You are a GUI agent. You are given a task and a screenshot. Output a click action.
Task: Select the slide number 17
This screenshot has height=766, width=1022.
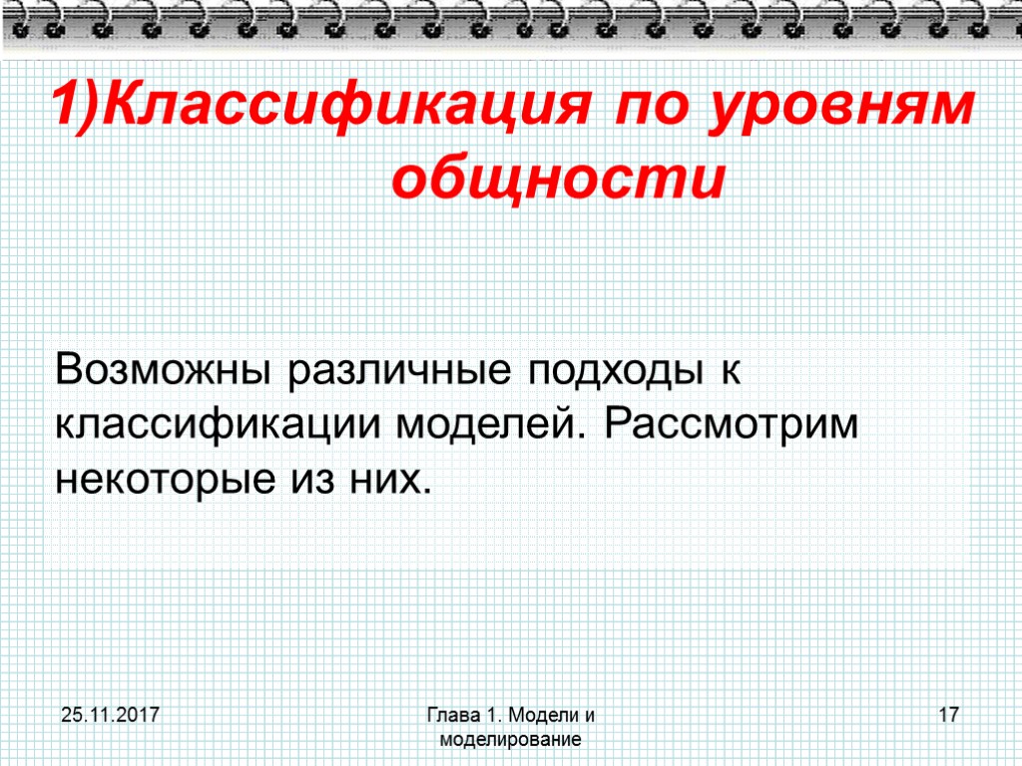click(948, 715)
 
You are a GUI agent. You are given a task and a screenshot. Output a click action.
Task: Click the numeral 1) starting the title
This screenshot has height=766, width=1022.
click(77, 107)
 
